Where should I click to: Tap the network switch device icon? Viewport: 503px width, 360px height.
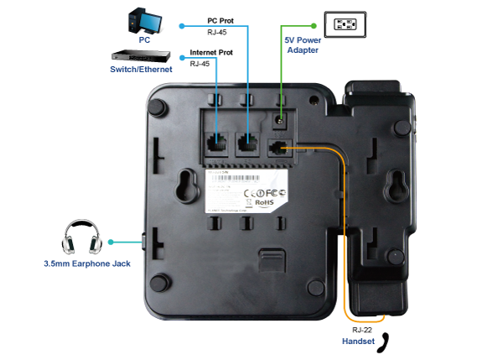tap(141, 56)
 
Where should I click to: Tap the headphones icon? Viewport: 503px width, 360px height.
tap(80, 238)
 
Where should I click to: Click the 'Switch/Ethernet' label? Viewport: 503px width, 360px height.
tap(141, 70)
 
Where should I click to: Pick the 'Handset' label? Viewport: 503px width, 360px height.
tap(359, 342)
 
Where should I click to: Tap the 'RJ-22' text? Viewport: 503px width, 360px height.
tap(358, 330)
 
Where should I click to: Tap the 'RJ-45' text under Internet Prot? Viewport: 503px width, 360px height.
tap(200, 64)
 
